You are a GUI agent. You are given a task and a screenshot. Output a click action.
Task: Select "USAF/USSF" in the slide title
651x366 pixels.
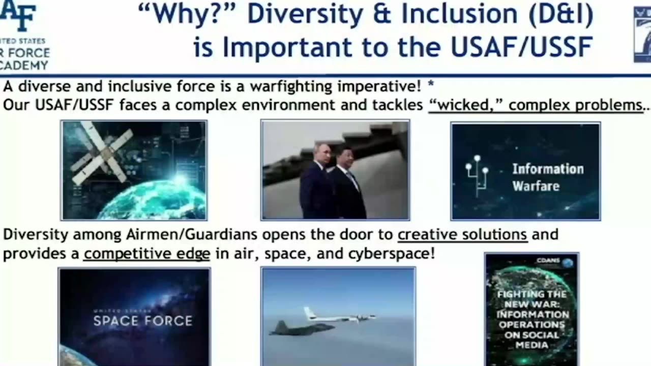522,47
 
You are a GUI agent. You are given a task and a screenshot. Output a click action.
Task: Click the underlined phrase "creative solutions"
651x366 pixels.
462,235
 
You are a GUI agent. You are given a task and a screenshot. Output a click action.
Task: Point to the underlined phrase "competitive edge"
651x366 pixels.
147,254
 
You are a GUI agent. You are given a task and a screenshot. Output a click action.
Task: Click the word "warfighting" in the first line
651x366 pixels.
291,86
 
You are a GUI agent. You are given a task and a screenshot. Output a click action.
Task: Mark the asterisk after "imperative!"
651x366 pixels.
431,84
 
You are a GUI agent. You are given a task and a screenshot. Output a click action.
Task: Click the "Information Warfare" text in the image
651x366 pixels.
548,177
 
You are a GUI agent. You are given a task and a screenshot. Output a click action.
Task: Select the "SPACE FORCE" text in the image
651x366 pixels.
143,321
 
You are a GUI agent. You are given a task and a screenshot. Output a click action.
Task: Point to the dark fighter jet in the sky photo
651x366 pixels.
300,328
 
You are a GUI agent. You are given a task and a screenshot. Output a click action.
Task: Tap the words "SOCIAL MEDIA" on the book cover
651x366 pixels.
531,340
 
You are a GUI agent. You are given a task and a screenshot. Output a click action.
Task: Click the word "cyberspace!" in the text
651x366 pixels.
392,254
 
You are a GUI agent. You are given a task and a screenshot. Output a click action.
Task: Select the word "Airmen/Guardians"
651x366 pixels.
192,235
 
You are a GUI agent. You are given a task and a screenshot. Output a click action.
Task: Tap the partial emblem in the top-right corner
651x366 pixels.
642,34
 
